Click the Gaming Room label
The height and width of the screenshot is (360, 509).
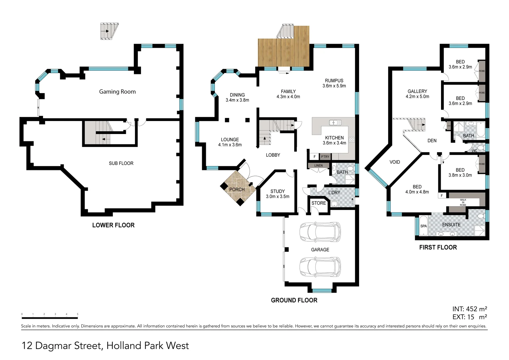pos(117,92)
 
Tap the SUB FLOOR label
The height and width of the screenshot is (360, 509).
pos(121,163)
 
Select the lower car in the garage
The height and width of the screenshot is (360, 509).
pos(320,267)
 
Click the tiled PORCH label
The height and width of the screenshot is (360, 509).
pos(237,189)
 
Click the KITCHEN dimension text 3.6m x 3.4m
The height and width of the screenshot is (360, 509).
pos(334,143)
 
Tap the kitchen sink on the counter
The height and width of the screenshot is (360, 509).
pos(335,123)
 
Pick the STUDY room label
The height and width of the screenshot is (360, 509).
pos(277,191)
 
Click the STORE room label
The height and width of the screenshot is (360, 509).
pos(318,203)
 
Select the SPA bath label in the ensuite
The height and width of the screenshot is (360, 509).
pos(423,226)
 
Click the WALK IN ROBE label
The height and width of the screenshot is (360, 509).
pos(463,202)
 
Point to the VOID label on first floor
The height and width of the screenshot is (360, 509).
pos(395,162)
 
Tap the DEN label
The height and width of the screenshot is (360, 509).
pos(432,141)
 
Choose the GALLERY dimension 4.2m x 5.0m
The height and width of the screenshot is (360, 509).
pos(417,97)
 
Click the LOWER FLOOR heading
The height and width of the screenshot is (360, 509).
pos(113,225)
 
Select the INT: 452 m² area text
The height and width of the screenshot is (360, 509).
pos(469,309)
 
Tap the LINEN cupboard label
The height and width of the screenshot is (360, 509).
pos(318,166)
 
